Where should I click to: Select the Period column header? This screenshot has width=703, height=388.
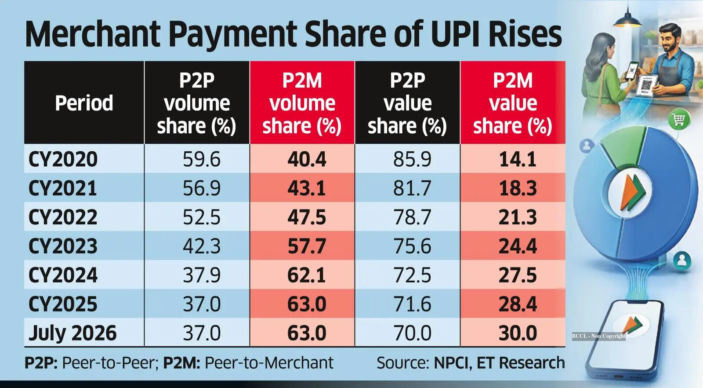84,103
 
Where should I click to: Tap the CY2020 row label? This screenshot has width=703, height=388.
63,159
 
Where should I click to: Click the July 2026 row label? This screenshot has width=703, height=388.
72,333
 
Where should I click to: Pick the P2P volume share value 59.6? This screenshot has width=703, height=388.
202,159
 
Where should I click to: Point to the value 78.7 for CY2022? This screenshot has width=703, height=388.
412,217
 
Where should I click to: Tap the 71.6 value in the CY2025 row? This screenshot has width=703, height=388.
412,304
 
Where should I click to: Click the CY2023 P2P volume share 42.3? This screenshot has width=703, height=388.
202,246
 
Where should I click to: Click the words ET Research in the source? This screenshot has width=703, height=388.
520,363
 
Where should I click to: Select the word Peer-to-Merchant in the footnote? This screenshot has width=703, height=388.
269,363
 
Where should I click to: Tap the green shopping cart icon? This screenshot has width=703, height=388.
679,119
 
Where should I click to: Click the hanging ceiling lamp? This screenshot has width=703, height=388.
627,19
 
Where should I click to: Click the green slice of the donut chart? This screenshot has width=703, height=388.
623,145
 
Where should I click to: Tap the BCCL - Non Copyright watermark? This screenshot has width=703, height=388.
598,336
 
